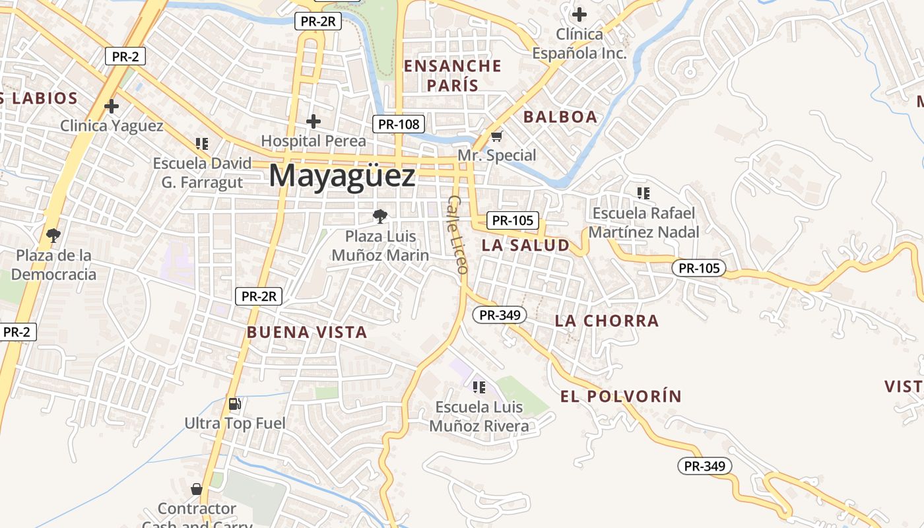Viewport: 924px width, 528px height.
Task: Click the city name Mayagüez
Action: [x=342, y=177]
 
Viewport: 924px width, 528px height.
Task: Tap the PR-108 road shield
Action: [x=398, y=123]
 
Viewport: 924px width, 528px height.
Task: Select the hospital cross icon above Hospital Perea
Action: [x=313, y=121]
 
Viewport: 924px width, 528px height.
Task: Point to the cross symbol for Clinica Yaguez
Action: [x=112, y=106]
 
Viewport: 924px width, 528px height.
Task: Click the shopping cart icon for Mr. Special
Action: [x=496, y=137]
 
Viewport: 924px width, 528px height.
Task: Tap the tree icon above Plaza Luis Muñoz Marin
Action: [x=379, y=216]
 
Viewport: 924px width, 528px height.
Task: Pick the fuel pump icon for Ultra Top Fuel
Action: [x=234, y=404]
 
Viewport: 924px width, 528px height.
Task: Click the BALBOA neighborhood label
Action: [x=560, y=117]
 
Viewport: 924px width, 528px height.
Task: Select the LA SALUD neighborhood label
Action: [x=525, y=246]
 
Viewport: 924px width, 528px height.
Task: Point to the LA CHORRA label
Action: [x=607, y=321]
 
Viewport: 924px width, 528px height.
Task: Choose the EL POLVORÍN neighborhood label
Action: [x=620, y=397]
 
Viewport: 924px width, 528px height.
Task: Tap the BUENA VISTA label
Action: [x=307, y=332]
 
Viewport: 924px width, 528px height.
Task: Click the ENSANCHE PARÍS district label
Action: [x=452, y=75]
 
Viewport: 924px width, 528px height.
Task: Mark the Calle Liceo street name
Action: [x=457, y=234]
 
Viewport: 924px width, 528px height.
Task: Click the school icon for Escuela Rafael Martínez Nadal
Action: [x=643, y=193]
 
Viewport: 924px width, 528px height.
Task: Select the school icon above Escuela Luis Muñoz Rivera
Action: [x=479, y=387]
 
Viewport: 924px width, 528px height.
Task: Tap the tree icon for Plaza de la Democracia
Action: [x=53, y=235]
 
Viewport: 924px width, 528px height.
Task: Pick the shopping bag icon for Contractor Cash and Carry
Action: [x=196, y=489]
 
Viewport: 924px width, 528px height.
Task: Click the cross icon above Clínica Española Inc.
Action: [x=579, y=14]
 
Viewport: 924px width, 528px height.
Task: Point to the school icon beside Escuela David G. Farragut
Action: [x=202, y=143]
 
